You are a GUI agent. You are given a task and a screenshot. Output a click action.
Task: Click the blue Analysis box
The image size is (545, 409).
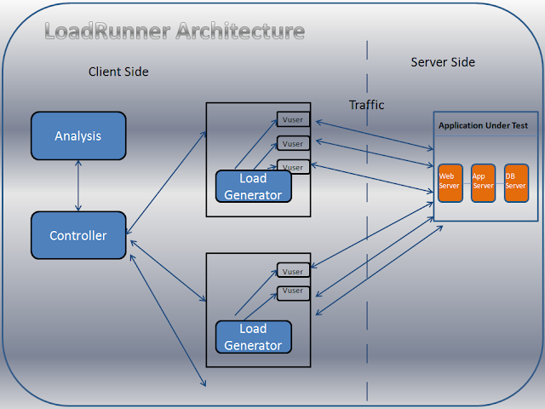pyautogui.click(x=78, y=135)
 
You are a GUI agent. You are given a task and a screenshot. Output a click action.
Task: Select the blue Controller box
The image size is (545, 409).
pyautogui.click(x=78, y=235)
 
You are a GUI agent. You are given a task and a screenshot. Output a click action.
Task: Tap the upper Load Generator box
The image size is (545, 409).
pyautogui.click(x=253, y=187)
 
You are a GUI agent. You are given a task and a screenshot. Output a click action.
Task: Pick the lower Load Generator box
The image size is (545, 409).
pyautogui.click(x=253, y=337)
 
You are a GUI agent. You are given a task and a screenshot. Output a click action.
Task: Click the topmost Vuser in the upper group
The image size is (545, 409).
pyautogui.click(x=292, y=119)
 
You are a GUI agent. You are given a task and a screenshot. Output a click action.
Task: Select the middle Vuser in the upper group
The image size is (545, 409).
pyautogui.click(x=292, y=143)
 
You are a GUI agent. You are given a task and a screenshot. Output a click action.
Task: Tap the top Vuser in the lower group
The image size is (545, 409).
pyautogui.click(x=292, y=271)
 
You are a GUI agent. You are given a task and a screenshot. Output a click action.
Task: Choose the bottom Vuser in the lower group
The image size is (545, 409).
pyautogui.click(x=292, y=292)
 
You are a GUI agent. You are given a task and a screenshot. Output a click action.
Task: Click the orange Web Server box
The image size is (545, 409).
pyautogui.click(x=450, y=182)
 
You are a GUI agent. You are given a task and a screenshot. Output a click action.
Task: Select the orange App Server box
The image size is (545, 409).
pyautogui.click(x=483, y=182)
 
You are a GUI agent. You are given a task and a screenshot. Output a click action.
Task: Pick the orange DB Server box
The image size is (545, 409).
pyautogui.click(x=516, y=182)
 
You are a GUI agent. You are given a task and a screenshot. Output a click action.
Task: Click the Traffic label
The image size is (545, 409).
pyautogui.click(x=366, y=105)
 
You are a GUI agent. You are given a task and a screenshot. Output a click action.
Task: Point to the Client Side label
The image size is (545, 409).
pyautogui.click(x=118, y=72)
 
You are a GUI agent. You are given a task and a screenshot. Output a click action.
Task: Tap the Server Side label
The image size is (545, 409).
pyautogui.click(x=443, y=62)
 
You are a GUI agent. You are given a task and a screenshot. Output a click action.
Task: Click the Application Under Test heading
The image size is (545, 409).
pyautogui.click(x=483, y=125)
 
